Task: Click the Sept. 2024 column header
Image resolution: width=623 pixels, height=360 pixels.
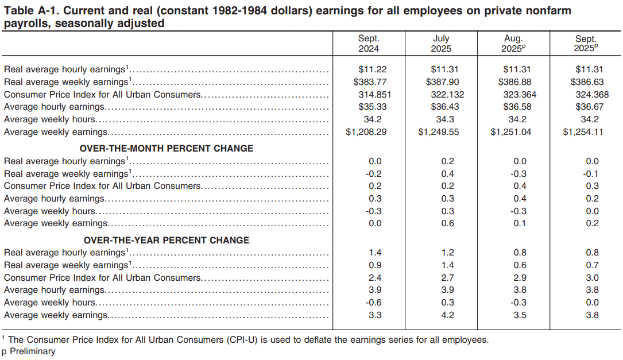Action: coord(369,44)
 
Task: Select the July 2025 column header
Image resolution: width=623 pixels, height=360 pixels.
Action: coord(441,44)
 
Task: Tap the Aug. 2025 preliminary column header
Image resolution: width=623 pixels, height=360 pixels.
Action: coord(513,44)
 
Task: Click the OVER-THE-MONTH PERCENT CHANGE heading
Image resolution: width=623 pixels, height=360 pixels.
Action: coord(167,148)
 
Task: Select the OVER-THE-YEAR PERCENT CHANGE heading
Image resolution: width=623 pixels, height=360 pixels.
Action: coord(167,240)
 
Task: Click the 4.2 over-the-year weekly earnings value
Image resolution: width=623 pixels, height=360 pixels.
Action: coord(448,315)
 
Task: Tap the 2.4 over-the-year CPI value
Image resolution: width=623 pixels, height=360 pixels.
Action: coord(376,278)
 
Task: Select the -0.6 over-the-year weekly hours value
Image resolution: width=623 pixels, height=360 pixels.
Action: coord(374,303)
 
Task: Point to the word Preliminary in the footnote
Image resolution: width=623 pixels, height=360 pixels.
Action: coord(33,351)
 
